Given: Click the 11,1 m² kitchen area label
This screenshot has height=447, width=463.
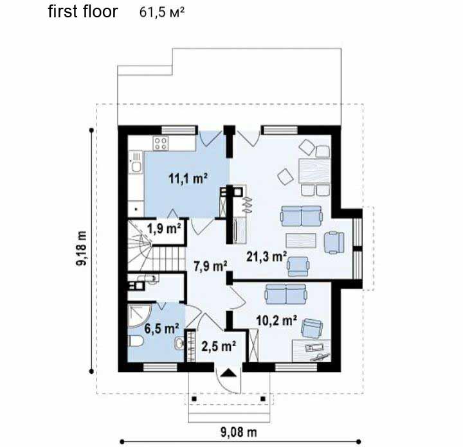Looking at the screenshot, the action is (x=188, y=179).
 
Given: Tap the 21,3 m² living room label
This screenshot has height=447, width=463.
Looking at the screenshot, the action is (x=266, y=256).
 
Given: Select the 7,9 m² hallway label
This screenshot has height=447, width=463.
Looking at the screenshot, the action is (x=210, y=266).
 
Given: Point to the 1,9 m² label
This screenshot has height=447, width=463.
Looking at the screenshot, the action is (x=164, y=229).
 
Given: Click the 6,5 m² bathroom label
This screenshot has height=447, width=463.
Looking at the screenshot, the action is (x=162, y=328).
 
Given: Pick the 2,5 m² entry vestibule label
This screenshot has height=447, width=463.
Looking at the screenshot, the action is (x=219, y=346).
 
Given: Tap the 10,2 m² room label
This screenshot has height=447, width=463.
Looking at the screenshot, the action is (x=277, y=320).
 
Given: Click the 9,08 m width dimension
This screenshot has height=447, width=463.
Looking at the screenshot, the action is (x=239, y=432).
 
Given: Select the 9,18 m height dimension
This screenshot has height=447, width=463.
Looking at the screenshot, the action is (x=82, y=249).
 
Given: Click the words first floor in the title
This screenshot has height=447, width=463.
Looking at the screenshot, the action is (x=83, y=12).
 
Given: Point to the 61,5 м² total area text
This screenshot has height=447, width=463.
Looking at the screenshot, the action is (x=162, y=12).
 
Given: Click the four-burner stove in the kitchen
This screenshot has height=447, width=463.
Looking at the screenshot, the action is (x=160, y=143).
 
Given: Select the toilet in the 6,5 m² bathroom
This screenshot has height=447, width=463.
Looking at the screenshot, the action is (x=136, y=342).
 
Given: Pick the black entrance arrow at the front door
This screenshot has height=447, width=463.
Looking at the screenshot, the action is (x=229, y=373).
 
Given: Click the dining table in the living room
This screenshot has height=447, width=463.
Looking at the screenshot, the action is (x=314, y=171).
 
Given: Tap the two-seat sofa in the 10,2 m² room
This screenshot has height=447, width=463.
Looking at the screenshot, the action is (x=286, y=294).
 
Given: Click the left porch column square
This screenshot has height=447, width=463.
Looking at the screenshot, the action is (x=194, y=399).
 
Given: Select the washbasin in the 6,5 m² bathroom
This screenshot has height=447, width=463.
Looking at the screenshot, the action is (x=179, y=343).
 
